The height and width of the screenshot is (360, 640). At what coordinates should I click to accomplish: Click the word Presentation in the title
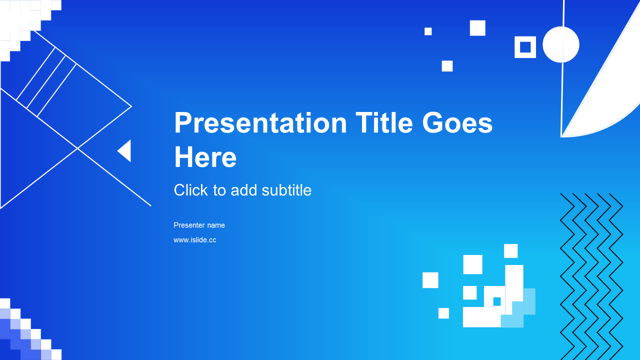click(260, 123)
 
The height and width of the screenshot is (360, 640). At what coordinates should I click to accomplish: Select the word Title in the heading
click(384, 122)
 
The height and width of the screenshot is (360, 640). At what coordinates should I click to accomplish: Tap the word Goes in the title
click(457, 123)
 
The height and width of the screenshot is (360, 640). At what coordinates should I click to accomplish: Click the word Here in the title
click(205, 157)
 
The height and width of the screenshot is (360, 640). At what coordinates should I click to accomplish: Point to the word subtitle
click(286, 190)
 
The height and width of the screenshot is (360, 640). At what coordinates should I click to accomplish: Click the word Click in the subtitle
click(191, 190)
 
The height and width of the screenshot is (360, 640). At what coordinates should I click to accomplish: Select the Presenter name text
click(199, 225)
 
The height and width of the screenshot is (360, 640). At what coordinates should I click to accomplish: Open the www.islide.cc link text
click(195, 239)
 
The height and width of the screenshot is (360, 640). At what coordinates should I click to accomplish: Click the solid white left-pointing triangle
click(124, 151)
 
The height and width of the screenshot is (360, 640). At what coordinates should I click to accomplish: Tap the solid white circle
click(561, 44)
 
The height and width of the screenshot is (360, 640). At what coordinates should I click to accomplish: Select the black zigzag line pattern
click(591, 276)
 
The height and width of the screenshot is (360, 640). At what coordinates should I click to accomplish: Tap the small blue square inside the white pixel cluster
click(497, 301)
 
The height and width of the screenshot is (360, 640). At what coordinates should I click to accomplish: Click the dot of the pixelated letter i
click(511, 251)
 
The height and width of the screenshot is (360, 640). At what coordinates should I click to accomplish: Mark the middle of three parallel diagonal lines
click(46, 81)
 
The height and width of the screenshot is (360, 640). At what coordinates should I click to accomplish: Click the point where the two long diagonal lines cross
click(77, 148)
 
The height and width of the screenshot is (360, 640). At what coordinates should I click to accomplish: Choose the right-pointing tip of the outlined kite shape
click(131, 106)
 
